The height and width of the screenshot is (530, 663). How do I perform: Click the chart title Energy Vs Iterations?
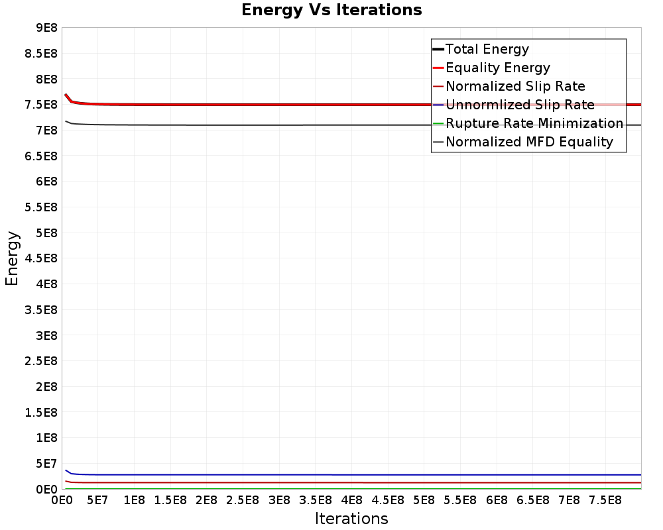pos(331,10)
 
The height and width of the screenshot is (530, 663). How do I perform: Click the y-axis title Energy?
pos(12,258)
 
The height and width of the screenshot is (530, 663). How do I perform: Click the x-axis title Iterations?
pos(351,518)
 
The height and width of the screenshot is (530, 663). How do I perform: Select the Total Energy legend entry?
pos(487,49)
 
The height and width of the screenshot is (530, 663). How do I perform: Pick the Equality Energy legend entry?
pos(497,68)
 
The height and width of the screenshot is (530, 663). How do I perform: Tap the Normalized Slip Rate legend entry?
pos(515,86)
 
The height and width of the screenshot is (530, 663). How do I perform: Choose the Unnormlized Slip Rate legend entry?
pos(520,105)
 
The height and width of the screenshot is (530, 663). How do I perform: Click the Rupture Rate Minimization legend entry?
pos(534,123)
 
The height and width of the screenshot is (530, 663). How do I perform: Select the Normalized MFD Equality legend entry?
pos(529,142)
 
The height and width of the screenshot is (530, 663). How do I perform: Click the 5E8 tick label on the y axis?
pos(46,233)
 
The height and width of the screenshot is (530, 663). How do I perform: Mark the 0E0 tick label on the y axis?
pos(46,489)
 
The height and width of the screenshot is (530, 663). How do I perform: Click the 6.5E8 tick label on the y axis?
pos(41,156)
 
